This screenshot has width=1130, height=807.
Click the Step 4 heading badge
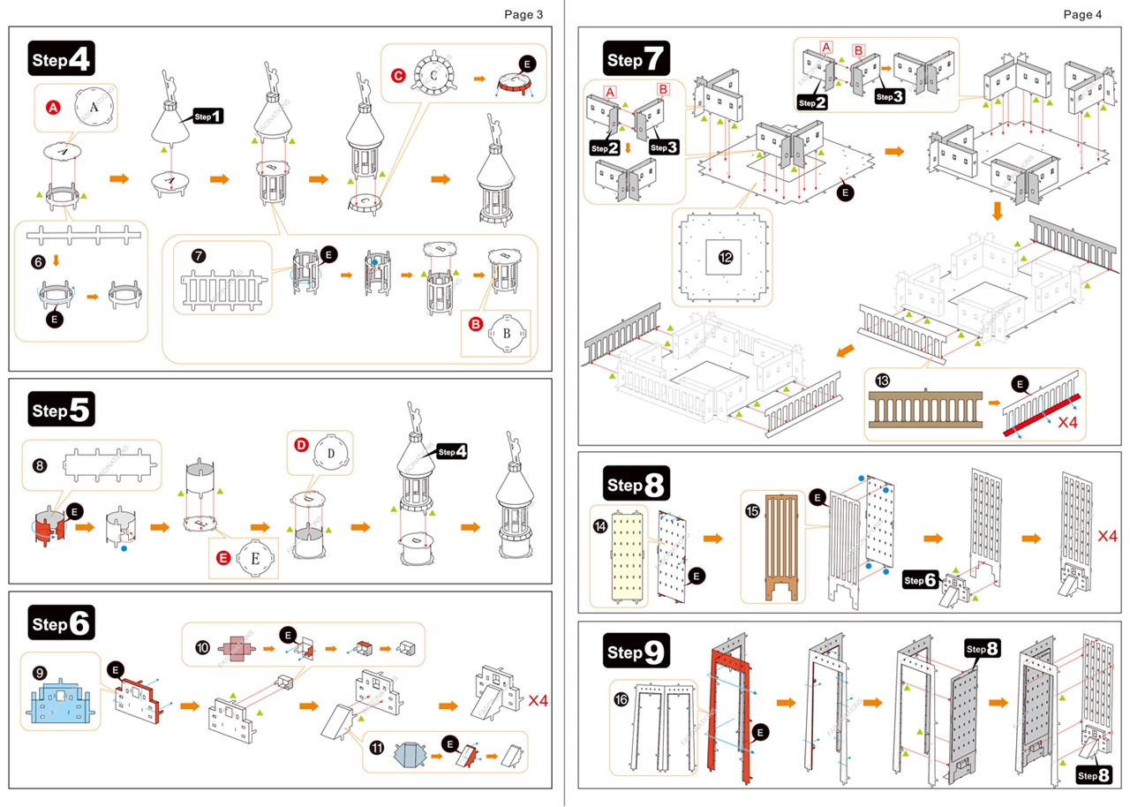(x=61, y=59)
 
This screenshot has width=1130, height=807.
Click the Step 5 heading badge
(x=61, y=410)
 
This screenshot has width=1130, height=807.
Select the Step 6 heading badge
(x=61, y=623)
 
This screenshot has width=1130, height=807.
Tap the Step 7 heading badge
(x=637, y=60)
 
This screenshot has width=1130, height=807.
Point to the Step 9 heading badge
(x=637, y=652)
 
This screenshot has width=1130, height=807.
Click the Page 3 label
(x=524, y=14)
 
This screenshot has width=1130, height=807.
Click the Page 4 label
(x=1082, y=14)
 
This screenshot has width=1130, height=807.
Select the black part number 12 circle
(x=726, y=258)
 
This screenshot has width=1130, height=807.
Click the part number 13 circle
(x=883, y=381)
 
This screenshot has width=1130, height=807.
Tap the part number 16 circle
(x=622, y=699)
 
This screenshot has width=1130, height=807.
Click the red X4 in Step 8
(x=1108, y=536)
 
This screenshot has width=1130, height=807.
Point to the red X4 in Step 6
(x=539, y=701)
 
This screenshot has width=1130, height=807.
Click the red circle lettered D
(x=301, y=446)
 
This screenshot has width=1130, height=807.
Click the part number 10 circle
(x=202, y=647)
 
